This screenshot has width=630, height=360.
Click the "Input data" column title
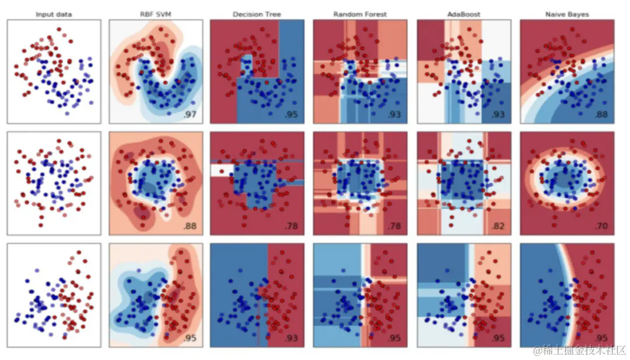pos(54,14)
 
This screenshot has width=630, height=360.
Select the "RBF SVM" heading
pos(156,14)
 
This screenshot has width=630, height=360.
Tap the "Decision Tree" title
pos(257,14)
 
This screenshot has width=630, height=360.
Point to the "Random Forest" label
pos(360,14)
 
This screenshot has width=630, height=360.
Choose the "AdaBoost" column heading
pos(464,14)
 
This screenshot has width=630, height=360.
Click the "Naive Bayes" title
pos(567,14)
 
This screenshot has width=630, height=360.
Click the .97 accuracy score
pos(190,114)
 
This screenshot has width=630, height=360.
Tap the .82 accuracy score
pos(498,226)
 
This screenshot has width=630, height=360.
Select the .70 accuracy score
pos(601,226)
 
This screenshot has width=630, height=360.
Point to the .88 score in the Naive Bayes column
pos(601,114)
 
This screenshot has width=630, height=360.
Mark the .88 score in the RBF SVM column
pos(190,226)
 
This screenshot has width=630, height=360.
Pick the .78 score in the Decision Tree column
pos(291,226)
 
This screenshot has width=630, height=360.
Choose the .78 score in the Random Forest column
pos(394,226)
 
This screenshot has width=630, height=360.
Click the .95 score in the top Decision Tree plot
pos(291,114)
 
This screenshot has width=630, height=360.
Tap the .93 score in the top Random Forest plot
pos(394,114)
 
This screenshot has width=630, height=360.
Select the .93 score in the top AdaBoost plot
pos(498,114)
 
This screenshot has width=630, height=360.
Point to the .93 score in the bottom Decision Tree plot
pos(291,338)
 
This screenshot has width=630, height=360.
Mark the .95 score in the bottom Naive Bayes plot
pos(601,338)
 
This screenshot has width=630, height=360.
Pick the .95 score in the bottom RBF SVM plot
pos(190,338)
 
